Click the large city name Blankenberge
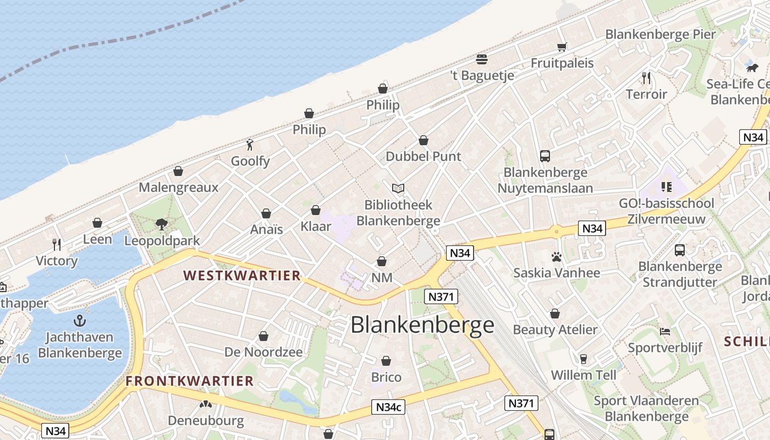point(422,325)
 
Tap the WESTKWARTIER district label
point(242,276)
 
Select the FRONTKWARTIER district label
point(190,381)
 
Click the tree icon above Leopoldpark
point(162,224)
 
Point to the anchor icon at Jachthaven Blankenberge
point(80,320)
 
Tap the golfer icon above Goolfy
point(250,145)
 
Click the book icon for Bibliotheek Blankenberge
point(398,189)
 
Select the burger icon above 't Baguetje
point(482,59)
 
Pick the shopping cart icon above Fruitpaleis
point(562,47)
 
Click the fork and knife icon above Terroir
point(646,78)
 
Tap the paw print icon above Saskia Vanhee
point(557,257)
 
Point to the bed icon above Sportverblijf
point(665,332)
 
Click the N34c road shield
point(389,407)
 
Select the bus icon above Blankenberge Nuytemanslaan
point(545,156)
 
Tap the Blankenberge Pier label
point(661,34)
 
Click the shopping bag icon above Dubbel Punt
point(424,140)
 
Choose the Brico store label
point(386,377)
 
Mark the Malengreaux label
point(178,187)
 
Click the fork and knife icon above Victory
point(56,244)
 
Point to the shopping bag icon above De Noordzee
point(263,336)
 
